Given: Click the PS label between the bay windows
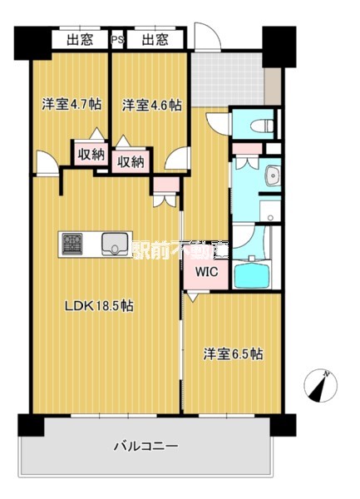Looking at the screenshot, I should [117, 38].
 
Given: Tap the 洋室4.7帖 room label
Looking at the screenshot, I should [72, 105].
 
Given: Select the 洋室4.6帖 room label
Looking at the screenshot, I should [151, 105].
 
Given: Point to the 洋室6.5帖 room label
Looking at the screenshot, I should [234, 353].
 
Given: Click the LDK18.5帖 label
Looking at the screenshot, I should [100, 305].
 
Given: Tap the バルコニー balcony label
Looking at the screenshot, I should [145, 447].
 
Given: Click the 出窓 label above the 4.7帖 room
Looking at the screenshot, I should [79, 38].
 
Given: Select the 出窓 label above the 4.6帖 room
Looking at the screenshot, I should [155, 38].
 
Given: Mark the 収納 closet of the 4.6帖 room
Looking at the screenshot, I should [130, 161].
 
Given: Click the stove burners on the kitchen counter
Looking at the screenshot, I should [72, 244].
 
